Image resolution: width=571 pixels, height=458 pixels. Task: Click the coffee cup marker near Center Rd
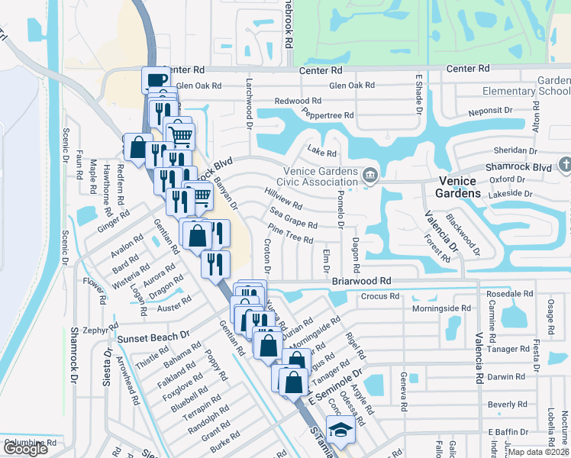[156, 79]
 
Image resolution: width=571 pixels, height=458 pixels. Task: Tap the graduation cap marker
[340, 429]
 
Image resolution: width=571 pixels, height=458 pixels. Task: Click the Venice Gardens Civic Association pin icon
[369, 176]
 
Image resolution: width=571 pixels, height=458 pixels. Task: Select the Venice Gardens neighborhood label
[457, 187]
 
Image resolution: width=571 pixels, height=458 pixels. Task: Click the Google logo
[25, 449]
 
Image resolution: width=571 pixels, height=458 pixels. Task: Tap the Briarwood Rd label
[361, 281]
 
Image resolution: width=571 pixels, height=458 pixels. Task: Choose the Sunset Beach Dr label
[153, 337]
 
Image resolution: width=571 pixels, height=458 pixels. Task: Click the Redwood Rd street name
[298, 101]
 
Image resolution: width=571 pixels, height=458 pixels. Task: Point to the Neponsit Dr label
[490, 111]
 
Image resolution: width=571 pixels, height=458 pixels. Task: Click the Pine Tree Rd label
[291, 234]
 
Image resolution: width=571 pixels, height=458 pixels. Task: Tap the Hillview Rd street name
[282, 200]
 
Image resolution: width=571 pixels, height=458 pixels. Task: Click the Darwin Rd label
[508, 376]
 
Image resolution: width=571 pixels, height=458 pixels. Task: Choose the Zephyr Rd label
[102, 331]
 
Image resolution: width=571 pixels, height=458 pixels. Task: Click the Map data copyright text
[539, 452]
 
